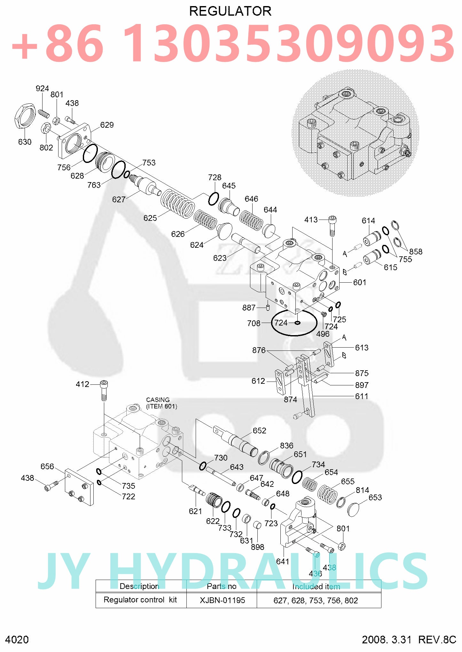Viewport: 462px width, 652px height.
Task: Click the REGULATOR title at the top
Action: pyautogui.click(x=230, y=11)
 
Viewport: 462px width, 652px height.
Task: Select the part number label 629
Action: pyautogui.click(x=107, y=125)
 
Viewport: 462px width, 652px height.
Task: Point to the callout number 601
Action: pyautogui.click(x=360, y=282)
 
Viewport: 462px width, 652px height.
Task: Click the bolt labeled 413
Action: pyautogui.click(x=332, y=226)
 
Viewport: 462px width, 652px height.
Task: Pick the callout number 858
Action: pyautogui.click(x=416, y=252)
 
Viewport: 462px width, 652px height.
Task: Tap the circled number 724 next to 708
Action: pyautogui.click(x=281, y=323)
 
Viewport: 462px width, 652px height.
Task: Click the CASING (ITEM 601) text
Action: pyautogui.click(x=161, y=403)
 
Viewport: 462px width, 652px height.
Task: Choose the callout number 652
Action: pyautogui.click(x=259, y=431)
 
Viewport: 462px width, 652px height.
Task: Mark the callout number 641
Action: pyautogui.click(x=283, y=561)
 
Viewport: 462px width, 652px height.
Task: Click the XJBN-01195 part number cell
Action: pyautogui.click(x=222, y=600)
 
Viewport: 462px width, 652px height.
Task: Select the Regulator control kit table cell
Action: pyautogui.click(x=140, y=600)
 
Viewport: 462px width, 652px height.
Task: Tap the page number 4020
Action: pyautogui.click(x=17, y=640)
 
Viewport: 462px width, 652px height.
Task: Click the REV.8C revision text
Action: pyautogui.click(x=437, y=640)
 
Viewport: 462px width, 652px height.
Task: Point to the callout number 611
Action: pyautogui.click(x=362, y=396)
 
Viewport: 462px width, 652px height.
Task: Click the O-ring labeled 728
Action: pyautogui.click(x=213, y=199)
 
